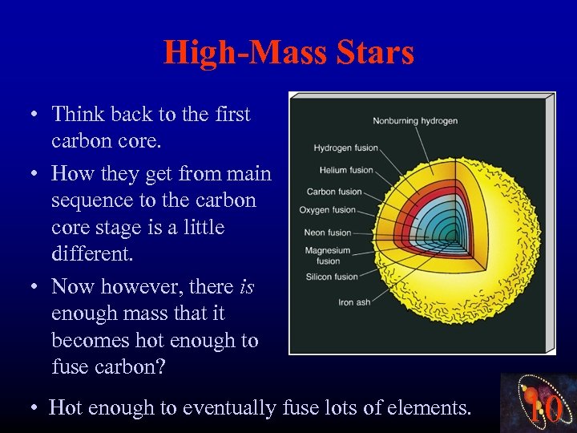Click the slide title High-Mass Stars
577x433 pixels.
(288, 53)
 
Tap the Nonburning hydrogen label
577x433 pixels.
(415, 121)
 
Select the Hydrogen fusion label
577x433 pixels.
(345, 148)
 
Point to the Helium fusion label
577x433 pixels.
(346, 170)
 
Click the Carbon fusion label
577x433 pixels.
(333, 192)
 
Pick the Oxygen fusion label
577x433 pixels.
(327, 210)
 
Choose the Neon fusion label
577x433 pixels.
(328, 233)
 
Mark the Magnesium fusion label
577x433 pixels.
(328, 255)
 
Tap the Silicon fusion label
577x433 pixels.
(331, 277)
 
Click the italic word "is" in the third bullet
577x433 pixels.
(247, 286)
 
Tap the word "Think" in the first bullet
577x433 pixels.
(75, 114)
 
